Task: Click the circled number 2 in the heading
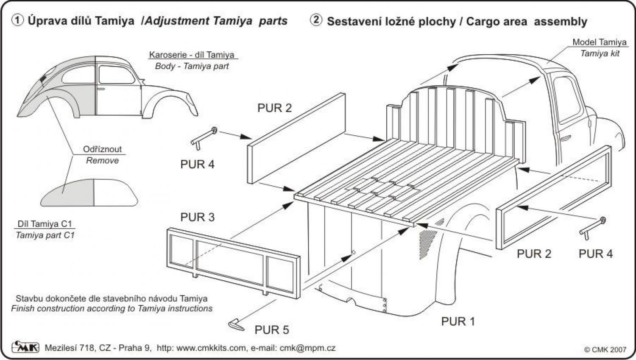pyautogui.click(x=316, y=20)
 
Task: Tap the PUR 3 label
pyautogui.click(x=198, y=217)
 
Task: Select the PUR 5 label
pyautogui.click(x=272, y=329)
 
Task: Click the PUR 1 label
pyautogui.click(x=458, y=321)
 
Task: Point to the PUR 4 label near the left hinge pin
pyautogui.click(x=198, y=164)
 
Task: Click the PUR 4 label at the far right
pyautogui.click(x=595, y=254)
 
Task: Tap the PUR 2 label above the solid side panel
pyautogui.click(x=275, y=108)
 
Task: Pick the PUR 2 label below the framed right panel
pyautogui.click(x=534, y=254)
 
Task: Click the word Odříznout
pyautogui.click(x=102, y=149)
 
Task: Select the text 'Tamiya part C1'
pyautogui.click(x=45, y=235)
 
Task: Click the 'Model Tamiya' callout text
pyautogui.click(x=599, y=42)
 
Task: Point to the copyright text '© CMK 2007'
pyautogui.click(x=605, y=349)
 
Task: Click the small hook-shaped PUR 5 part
pyautogui.click(x=236, y=324)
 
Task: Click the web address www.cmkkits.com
pyautogui.click(x=211, y=348)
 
